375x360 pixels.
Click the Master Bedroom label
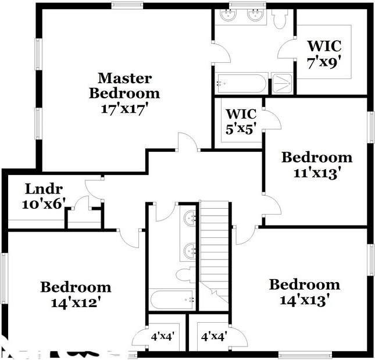(x=124, y=85)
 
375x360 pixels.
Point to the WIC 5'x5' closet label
(x=241, y=121)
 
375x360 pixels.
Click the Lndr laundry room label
(x=44, y=189)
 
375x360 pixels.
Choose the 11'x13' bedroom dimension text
(x=316, y=173)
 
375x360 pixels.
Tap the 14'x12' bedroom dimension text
(x=75, y=302)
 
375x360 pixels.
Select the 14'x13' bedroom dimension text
(x=304, y=300)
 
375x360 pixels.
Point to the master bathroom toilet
(x=280, y=19)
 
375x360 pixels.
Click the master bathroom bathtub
(x=241, y=83)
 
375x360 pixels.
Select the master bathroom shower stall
(x=283, y=83)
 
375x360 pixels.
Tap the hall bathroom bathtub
(x=172, y=300)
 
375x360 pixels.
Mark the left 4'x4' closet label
(x=163, y=336)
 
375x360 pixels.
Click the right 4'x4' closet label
(x=213, y=336)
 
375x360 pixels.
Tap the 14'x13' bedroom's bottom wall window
(x=297, y=354)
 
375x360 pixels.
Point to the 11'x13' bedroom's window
(x=371, y=127)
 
